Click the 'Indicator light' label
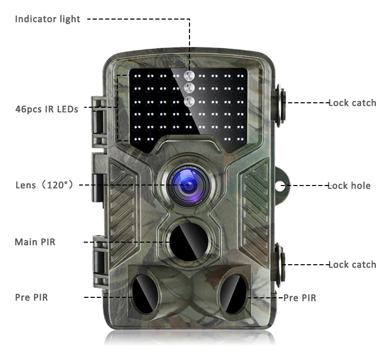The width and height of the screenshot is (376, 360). click(48, 20)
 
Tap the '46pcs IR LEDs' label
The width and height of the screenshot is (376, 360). click(47, 108)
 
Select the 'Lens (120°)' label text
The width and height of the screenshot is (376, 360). click(45, 186)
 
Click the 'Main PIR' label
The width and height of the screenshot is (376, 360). click(35, 242)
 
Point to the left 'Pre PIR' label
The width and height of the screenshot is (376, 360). click(31, 298)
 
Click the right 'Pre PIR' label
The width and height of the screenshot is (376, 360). click(300, 298)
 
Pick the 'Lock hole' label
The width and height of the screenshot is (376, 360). click(349, 186)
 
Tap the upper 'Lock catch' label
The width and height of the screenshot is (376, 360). click(352, 103)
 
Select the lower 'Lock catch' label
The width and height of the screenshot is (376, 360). click(352, 264)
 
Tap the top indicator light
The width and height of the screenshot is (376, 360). click(189, 76)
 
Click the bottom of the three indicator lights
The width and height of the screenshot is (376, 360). click(189, 102)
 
